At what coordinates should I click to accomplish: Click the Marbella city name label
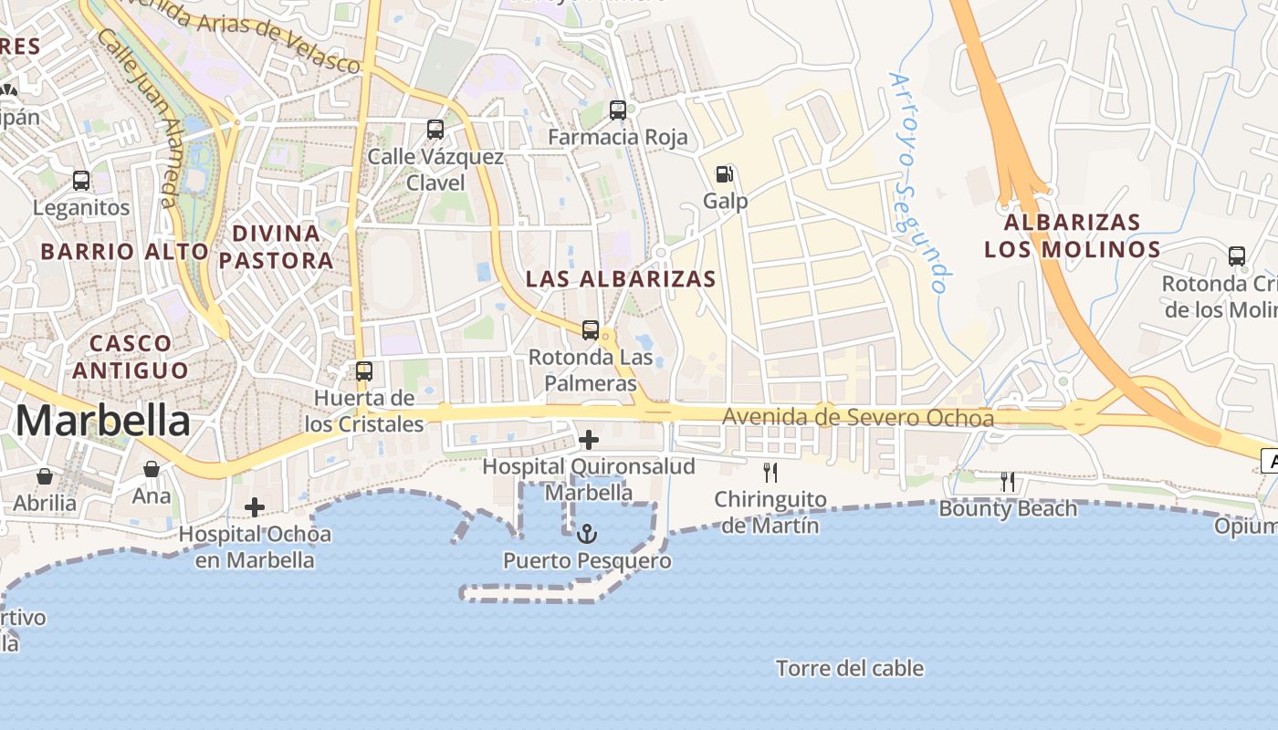coord(103,421)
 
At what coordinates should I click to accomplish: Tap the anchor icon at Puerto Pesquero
coord(588,534)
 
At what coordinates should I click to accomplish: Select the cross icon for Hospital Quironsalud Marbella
coord(589,441)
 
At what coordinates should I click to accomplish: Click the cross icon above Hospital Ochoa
coord(255,506)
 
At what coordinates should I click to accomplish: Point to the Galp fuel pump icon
coord(725,173)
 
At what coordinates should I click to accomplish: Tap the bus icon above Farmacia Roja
coord(618,110)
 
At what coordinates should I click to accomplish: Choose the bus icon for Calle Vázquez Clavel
coord(435,130)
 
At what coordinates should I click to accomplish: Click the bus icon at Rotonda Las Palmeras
coord(591,330)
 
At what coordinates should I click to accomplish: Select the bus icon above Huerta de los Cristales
coord(364,371)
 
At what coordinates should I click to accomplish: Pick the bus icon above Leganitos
coord(81,181)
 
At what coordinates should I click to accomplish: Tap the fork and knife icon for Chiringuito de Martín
coord(770,472)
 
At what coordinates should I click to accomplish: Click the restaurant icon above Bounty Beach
coord(1008,482)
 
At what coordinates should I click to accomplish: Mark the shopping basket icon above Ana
coord(152,469)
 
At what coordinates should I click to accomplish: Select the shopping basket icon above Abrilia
coord(44,475)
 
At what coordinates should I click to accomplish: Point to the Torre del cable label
coord(850,669)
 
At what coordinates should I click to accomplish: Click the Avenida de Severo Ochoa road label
coord(858,418)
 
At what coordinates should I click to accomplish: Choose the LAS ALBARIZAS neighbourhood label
coord(621,279)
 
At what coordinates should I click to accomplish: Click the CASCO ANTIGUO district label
coord(131,357)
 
